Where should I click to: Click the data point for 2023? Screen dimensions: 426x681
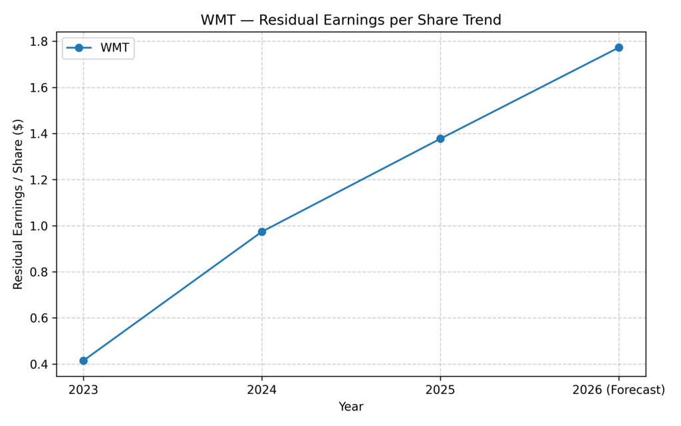(83, 361)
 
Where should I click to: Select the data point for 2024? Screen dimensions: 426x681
(262, 232)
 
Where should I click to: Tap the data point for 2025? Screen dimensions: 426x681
(440, 138)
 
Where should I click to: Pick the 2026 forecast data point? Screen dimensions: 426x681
(618, 47)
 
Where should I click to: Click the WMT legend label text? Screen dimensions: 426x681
(115, 48)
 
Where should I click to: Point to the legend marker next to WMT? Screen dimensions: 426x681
(79, 48)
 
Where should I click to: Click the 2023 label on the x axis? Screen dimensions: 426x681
(83, 390)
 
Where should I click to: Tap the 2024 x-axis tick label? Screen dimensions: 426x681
(262, 390)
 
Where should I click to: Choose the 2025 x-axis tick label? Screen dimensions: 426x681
(440, 390)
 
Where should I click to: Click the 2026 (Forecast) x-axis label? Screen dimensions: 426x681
(618, 390)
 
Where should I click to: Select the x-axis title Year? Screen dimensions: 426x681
(351, 406)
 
